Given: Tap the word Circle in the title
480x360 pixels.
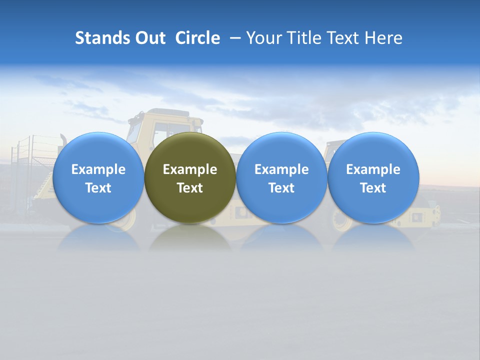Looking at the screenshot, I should pos(197,38).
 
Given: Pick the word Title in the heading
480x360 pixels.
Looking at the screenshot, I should pos(304,38).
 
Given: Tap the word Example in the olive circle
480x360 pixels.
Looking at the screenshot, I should pos(190,169).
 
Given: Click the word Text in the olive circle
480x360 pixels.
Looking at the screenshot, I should pos(190,188).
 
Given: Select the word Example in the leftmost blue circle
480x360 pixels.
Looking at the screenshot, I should pos(98,169).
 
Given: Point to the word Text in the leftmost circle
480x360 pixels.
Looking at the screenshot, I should pos(98,188).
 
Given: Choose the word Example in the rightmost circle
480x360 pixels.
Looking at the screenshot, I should pos(373,169).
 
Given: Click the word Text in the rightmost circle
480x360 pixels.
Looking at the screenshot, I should pos(373,188).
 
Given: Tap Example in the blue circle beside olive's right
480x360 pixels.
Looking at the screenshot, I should pos(281,169).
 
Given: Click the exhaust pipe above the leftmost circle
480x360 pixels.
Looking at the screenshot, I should pos(63,138).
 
